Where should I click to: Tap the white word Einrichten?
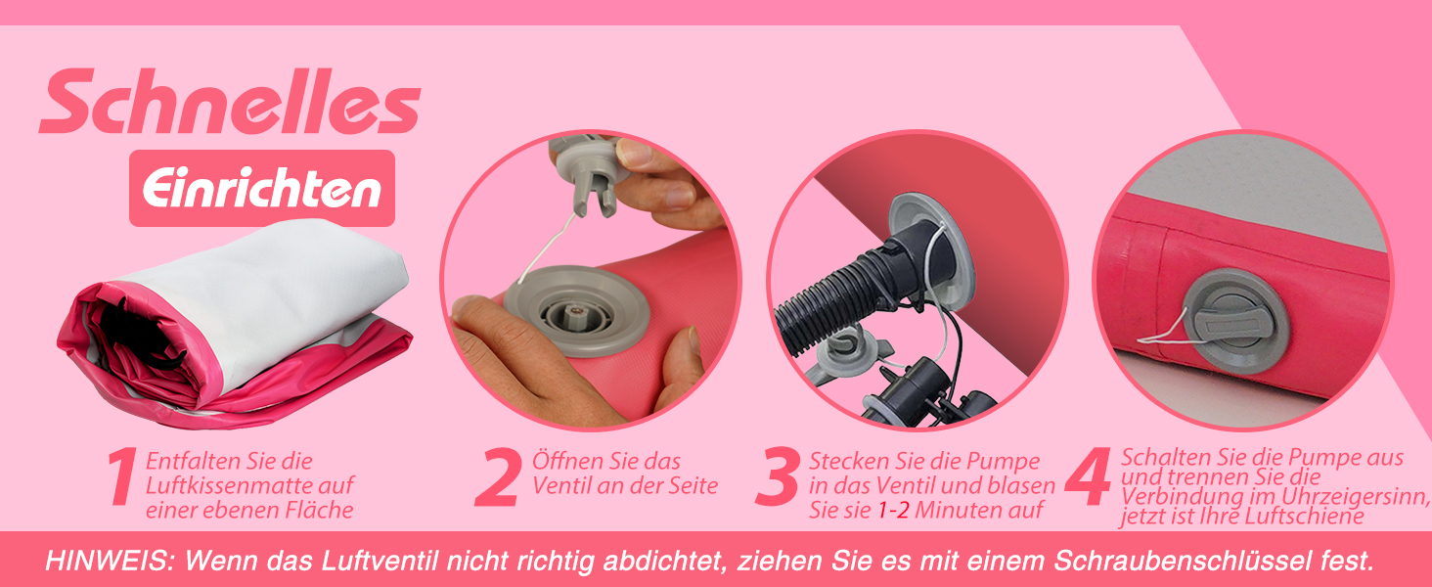click(261, 189)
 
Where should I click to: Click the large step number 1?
click(122, 477)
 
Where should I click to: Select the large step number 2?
click(497, 477)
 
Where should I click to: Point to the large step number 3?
click(778, 477)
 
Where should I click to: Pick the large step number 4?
click(1089, 477)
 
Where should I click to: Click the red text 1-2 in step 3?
click(893, 511)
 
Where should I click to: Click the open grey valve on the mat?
click(577, 312)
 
